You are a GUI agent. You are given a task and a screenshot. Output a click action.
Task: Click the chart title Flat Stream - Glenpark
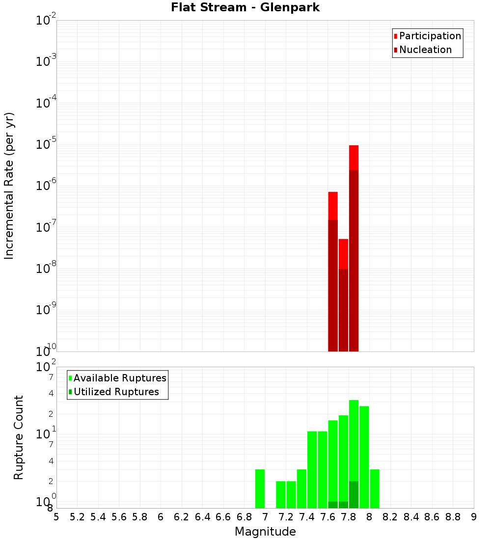245,8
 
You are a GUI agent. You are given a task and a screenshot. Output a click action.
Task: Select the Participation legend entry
428,36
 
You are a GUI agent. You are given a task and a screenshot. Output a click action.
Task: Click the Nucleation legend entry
423,50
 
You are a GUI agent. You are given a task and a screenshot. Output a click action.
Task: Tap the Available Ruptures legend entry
117,378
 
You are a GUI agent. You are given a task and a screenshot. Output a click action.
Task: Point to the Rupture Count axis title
19,437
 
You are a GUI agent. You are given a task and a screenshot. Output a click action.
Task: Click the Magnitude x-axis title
265,532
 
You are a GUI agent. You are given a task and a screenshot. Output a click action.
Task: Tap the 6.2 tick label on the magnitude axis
182,517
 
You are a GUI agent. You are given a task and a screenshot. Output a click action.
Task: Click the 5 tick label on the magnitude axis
56,517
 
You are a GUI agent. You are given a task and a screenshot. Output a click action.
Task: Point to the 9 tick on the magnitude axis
474,517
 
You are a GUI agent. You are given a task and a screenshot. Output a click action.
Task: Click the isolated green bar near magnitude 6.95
260,488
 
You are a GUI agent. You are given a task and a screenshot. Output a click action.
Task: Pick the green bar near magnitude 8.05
375,488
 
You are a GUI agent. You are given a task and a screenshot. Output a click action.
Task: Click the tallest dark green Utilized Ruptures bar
354,495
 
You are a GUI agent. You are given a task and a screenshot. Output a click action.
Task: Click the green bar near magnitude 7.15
281,494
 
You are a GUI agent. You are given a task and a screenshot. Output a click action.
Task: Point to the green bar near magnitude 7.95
364,457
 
